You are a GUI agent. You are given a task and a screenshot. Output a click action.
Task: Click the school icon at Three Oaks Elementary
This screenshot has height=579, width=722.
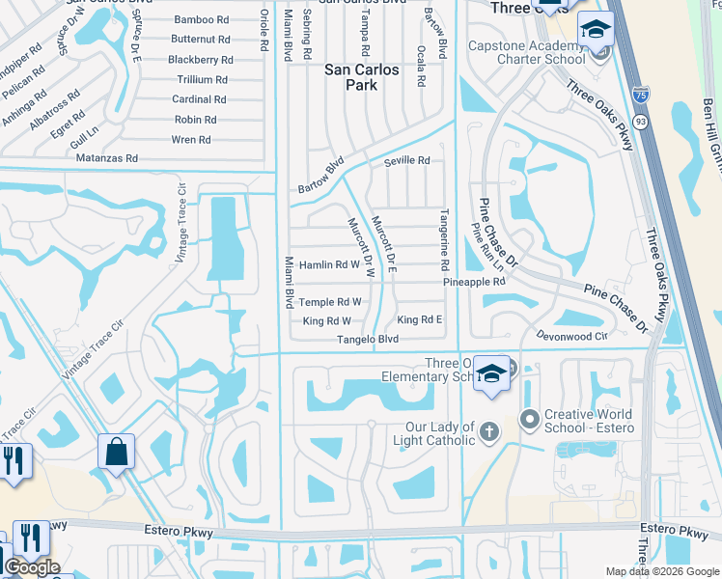pos(491,373)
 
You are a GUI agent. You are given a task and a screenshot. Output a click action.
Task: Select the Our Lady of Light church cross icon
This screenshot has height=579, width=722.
pos(489,431)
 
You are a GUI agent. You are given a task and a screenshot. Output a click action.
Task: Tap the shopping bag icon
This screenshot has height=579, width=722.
pos(116,452)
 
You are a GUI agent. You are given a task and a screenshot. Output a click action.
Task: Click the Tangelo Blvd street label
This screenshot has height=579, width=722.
pos(367,340)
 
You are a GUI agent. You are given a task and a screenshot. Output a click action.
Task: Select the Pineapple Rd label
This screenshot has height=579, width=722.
pos(475,282)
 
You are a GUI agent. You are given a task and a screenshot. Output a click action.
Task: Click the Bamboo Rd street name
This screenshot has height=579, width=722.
pos(201,19)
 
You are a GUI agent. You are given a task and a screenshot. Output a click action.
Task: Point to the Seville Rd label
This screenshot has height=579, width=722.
pos(406,161)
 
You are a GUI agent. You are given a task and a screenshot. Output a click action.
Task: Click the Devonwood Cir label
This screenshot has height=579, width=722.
pos(573,337)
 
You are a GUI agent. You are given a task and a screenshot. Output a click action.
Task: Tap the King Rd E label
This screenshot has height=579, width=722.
pos(419,319)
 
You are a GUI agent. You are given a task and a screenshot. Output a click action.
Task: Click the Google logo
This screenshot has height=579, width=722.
pos(32,567)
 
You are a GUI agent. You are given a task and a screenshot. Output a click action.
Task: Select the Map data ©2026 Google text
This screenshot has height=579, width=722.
pos(662,571)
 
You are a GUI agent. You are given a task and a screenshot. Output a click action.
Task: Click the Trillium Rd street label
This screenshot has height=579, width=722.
pos(202,80)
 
